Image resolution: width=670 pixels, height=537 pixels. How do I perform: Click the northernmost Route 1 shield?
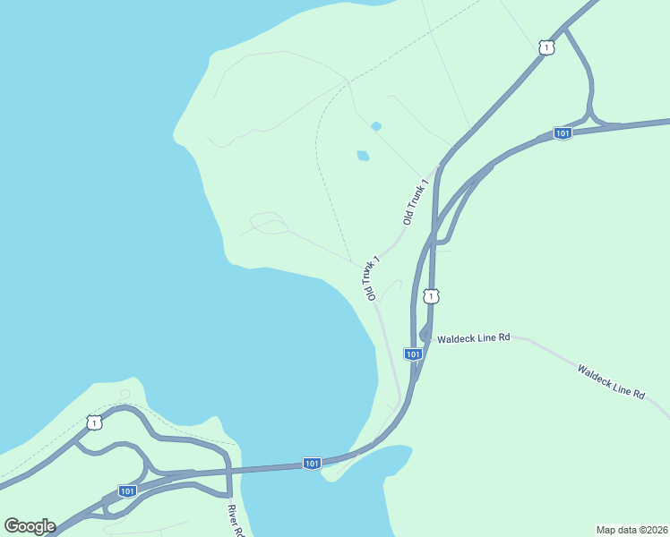(546, 47)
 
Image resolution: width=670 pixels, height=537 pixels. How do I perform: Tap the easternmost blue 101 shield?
(562, 133)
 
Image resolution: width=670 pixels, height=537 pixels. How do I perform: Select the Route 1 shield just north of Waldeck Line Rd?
(432, 296)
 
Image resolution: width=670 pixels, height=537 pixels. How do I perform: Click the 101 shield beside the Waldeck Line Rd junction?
(413, 354)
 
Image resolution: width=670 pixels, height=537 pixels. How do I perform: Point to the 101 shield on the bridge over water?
(311, 463)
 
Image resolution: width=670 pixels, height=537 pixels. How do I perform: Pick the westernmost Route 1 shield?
(94, 422)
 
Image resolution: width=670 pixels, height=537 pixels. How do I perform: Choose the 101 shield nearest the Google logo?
(127, 491)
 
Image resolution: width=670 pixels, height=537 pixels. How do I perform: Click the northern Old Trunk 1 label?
(416, 200)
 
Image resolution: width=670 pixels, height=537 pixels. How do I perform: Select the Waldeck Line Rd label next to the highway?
(473, 337)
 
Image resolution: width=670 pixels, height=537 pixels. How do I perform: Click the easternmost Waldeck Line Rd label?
(611, 381)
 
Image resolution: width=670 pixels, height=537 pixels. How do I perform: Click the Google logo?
(30, 526)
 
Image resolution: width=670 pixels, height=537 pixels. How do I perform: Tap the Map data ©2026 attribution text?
(631, 529)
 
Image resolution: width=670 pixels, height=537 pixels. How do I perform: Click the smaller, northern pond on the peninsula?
(376, 126)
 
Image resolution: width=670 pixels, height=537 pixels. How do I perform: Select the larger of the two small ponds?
(363, 156)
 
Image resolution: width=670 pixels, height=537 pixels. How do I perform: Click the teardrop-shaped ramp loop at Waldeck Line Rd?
(424, 333)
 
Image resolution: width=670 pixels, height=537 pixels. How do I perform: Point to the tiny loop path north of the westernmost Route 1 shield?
(125, 394)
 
